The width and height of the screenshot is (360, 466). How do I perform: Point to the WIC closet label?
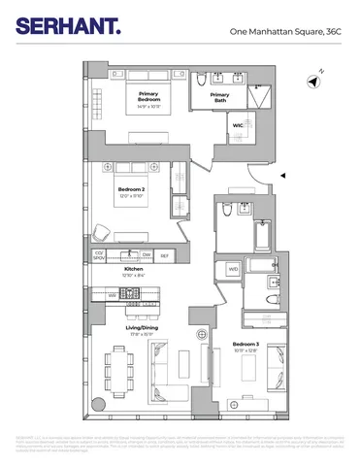238,125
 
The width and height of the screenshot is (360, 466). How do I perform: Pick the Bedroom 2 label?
131,192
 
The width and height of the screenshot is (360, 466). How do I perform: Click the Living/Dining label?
143,332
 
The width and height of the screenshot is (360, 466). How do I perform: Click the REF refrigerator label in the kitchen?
164,254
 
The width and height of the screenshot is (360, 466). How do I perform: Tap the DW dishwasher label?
146,254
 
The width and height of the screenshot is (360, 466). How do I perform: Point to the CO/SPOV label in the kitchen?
98,256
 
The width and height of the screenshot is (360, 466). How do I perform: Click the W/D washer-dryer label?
233,269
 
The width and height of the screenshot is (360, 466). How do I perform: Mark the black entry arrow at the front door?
282,175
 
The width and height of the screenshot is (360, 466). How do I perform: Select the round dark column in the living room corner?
97,405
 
